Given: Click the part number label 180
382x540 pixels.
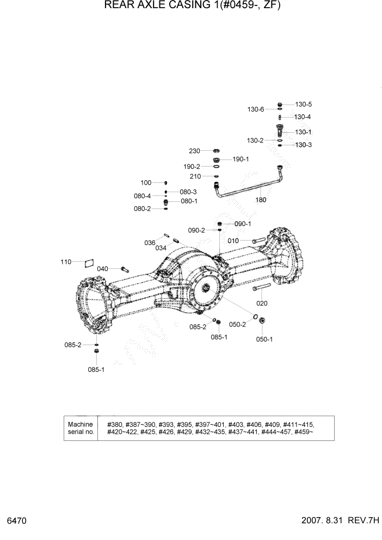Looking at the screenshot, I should coord(261,200).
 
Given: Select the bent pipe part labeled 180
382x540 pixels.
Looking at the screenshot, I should coord(248,188).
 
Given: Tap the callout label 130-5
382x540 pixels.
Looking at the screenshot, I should coord(304,104).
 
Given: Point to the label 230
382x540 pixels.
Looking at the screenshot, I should coord(195,151).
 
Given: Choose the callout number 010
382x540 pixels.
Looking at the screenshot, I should coord(234,240).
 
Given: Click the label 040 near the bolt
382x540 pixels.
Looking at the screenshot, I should coord(103,269).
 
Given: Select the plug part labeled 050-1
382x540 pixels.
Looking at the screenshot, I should coord(262,321).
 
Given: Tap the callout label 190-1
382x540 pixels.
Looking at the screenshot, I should coord(241,159).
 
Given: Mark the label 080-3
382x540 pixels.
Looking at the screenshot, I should coord(188,192).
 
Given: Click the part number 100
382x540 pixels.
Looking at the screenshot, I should coord(146,183).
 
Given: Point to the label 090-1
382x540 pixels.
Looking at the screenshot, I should coord(243,224).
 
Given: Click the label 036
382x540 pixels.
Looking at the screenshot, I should coord(150,243).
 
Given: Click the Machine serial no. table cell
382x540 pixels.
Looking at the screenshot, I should coord(81,428).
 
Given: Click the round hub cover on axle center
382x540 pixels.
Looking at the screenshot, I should coord(207,291).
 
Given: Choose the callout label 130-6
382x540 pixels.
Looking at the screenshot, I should coord(256,109).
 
